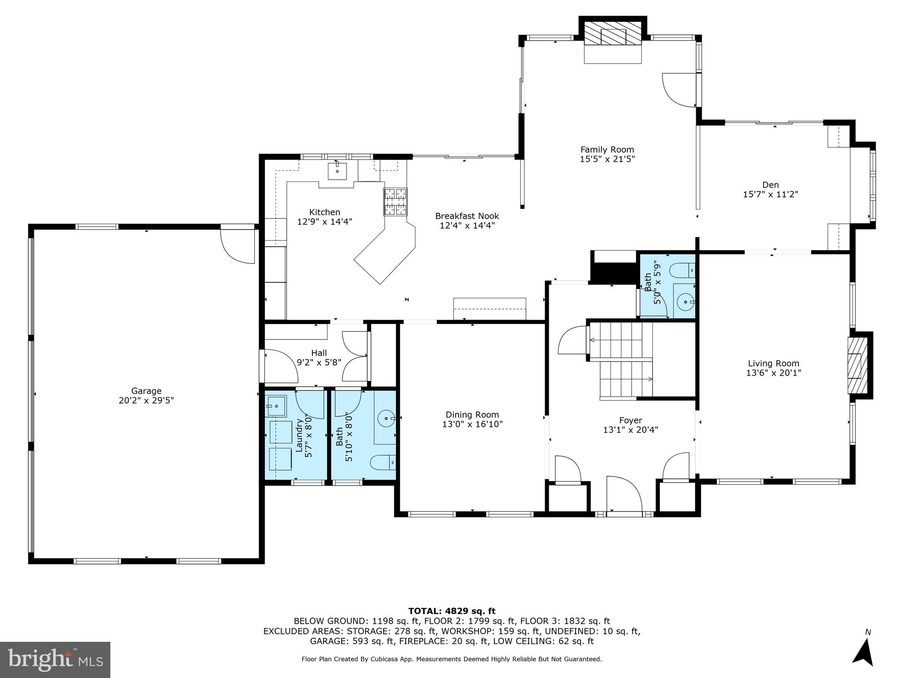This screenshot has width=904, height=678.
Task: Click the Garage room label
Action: click(x=146, y=391)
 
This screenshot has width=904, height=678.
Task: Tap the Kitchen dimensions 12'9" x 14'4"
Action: click(x=324, y=222)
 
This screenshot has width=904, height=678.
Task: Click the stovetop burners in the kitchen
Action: click(x=395, y=202)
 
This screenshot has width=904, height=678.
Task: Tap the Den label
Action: click(x=770, y=185)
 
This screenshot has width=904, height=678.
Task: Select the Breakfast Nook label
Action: click(x=467, y=216)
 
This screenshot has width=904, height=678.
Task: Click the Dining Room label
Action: click(x=472, y=414)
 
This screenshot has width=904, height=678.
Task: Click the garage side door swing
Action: click(x=239, y=245)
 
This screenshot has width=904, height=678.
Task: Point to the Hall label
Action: click(x=319, y=353)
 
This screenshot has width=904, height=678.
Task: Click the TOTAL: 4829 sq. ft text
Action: click(x=452, y=611)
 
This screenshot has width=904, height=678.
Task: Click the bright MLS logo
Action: click(x=55, y=659)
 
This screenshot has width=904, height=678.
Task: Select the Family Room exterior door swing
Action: click(x=680, y=90)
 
